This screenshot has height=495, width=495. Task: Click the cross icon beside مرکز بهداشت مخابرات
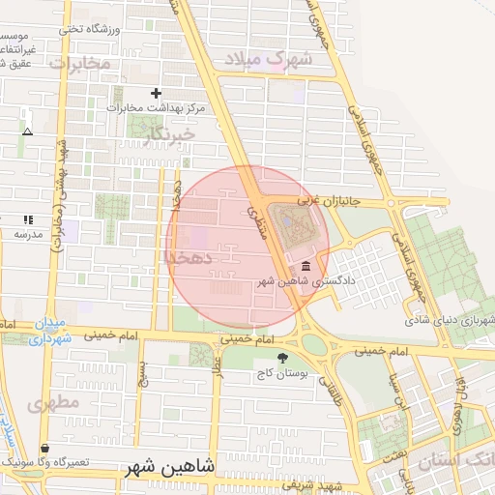(157, 94)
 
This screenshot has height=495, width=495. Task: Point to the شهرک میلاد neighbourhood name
(270, 59)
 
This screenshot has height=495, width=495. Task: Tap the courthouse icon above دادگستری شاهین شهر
(306, 267)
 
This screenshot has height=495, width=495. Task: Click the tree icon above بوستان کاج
(281, 358)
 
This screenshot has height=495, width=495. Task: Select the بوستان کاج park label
(281, 372)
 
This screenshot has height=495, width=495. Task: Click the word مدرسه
(27, 235)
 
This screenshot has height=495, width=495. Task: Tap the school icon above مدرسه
(28, 220)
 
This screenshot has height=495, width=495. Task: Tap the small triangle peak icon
(27, 131)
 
